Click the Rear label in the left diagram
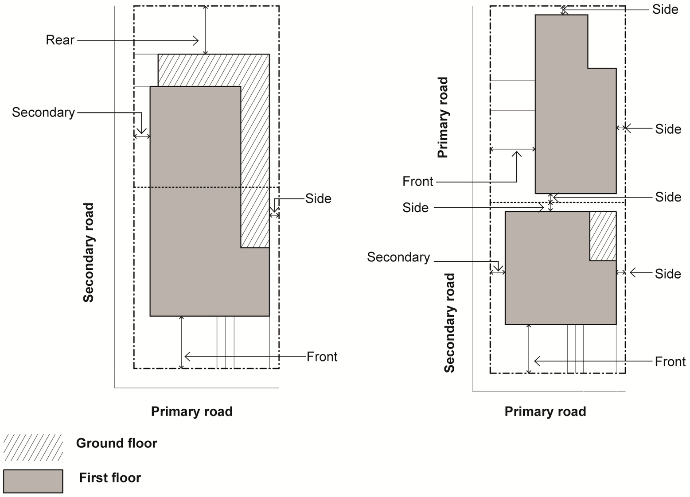tap(60, 40)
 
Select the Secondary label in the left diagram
tap(43, 113)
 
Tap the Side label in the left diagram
tap(318, 198)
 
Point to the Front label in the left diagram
tap(322, 357)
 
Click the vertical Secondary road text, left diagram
tap(89, 252)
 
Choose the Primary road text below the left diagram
tap(191, 412)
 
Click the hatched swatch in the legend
tap(33, 447)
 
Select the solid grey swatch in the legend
tap(33, 481)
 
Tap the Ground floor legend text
tap(117, 443)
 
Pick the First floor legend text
tap(110, 478)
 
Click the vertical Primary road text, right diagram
tap(443, 117)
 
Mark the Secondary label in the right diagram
tap(398, 257)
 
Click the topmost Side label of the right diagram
tap(665, 9)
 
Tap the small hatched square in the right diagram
tap(603, 236)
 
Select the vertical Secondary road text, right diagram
tap(449, 323)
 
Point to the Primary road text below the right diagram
tap(545, 412)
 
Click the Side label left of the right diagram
tap(415, 208)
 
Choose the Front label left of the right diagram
tap(417, 181)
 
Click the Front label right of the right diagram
tap(670, 361)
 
